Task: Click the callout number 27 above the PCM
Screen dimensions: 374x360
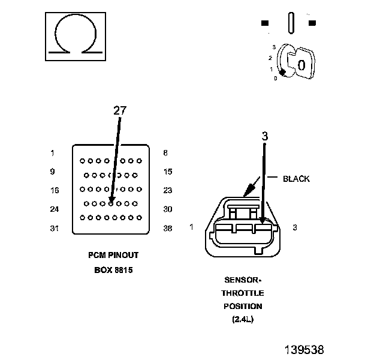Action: pyautogui.click(x=120, y=110)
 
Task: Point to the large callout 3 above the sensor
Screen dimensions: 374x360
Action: pyautogui.click(x=265, y=136)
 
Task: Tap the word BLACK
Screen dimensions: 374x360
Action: pyautogui.click(x=296, y=179)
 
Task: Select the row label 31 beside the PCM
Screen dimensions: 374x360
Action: pyautogui.click(x=55, y=229)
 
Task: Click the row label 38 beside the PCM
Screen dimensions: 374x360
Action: pyautogui.click(x=168, y=229)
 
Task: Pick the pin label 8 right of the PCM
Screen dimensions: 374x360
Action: pyautogui.click(x=165, y=153)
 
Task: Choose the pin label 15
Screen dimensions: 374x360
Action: pyautogui.click(x=168, y=172)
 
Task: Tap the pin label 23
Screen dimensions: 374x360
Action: pyautogui.click(x=168, y=190)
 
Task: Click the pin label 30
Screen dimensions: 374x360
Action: pyautogui.click(x=168, y=209)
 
